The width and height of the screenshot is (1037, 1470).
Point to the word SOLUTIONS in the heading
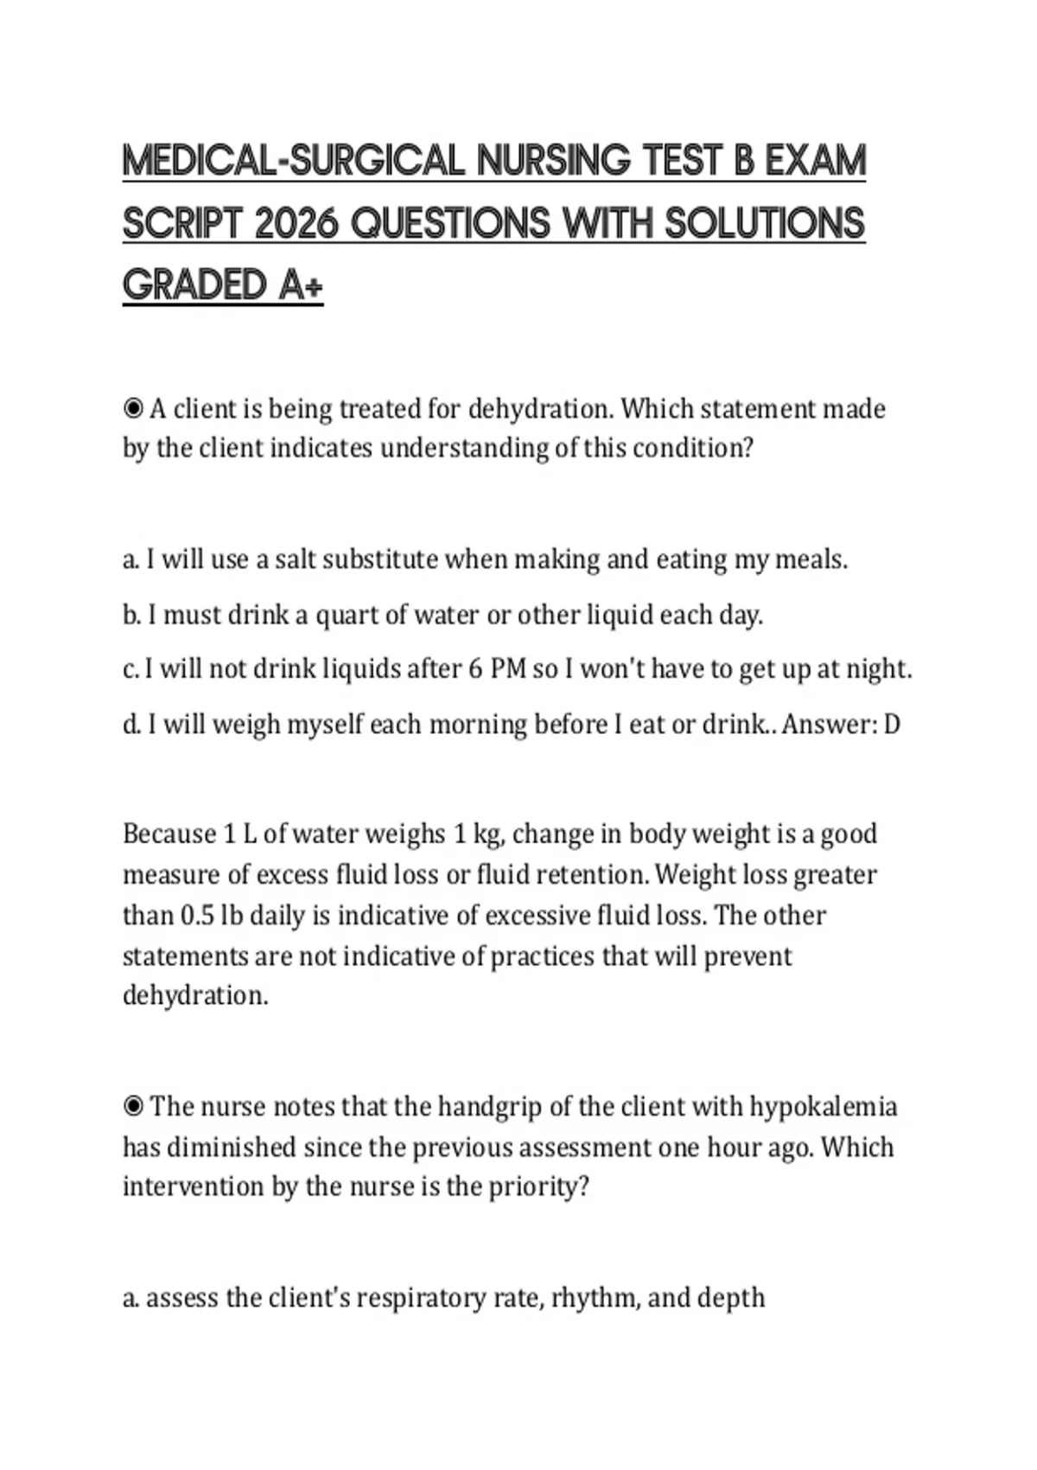(765, 224)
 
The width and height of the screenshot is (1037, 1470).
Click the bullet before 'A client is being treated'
(133, 408)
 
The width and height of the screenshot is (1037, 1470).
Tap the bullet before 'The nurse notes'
(133, 1106)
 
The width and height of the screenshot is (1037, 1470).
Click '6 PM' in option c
(498, 669)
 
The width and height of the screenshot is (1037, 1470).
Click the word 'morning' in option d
(478, 724)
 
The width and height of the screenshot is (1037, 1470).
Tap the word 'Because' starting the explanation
(169, 834)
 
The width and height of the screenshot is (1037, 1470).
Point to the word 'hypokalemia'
(823, 1106)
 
